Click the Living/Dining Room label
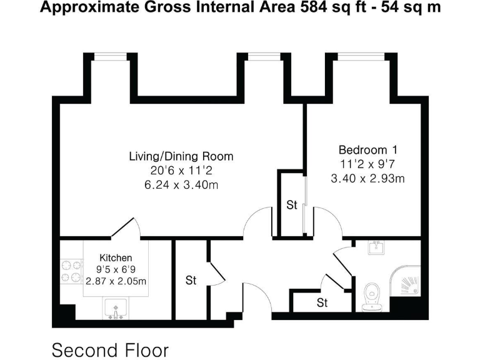click(181, 156)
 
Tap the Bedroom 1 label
click(367, 150)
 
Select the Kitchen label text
click(116, 257)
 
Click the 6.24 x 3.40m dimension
click(181, 185)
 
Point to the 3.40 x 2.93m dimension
click(367, 179)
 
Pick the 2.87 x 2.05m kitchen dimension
click(116, 282)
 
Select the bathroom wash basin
click(376, 248)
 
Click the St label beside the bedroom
click(291, 205)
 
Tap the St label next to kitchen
click(191, 281)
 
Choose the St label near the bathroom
click(322, 304)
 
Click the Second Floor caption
click(110, 349)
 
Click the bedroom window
click(361, 56)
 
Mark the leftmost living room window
click(111, 56)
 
